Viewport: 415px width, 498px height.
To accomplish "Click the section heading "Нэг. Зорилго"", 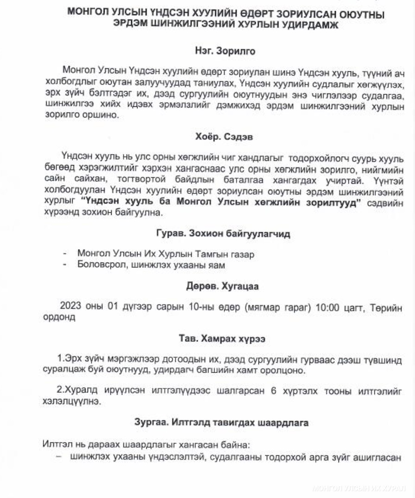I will coord(225,51).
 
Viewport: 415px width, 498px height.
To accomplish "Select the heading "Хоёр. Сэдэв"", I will coord(225,137).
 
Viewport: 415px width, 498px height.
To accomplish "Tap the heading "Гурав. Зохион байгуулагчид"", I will coord(223,234).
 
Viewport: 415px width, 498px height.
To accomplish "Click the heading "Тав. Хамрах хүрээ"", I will coord(222,339).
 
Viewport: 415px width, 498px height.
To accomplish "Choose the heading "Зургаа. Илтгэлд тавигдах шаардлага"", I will coord(221,423).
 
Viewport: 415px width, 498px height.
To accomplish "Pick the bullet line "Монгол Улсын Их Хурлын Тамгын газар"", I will coord(165,254).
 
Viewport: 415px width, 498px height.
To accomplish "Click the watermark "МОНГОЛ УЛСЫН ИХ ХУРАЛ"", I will coord(359,488).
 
